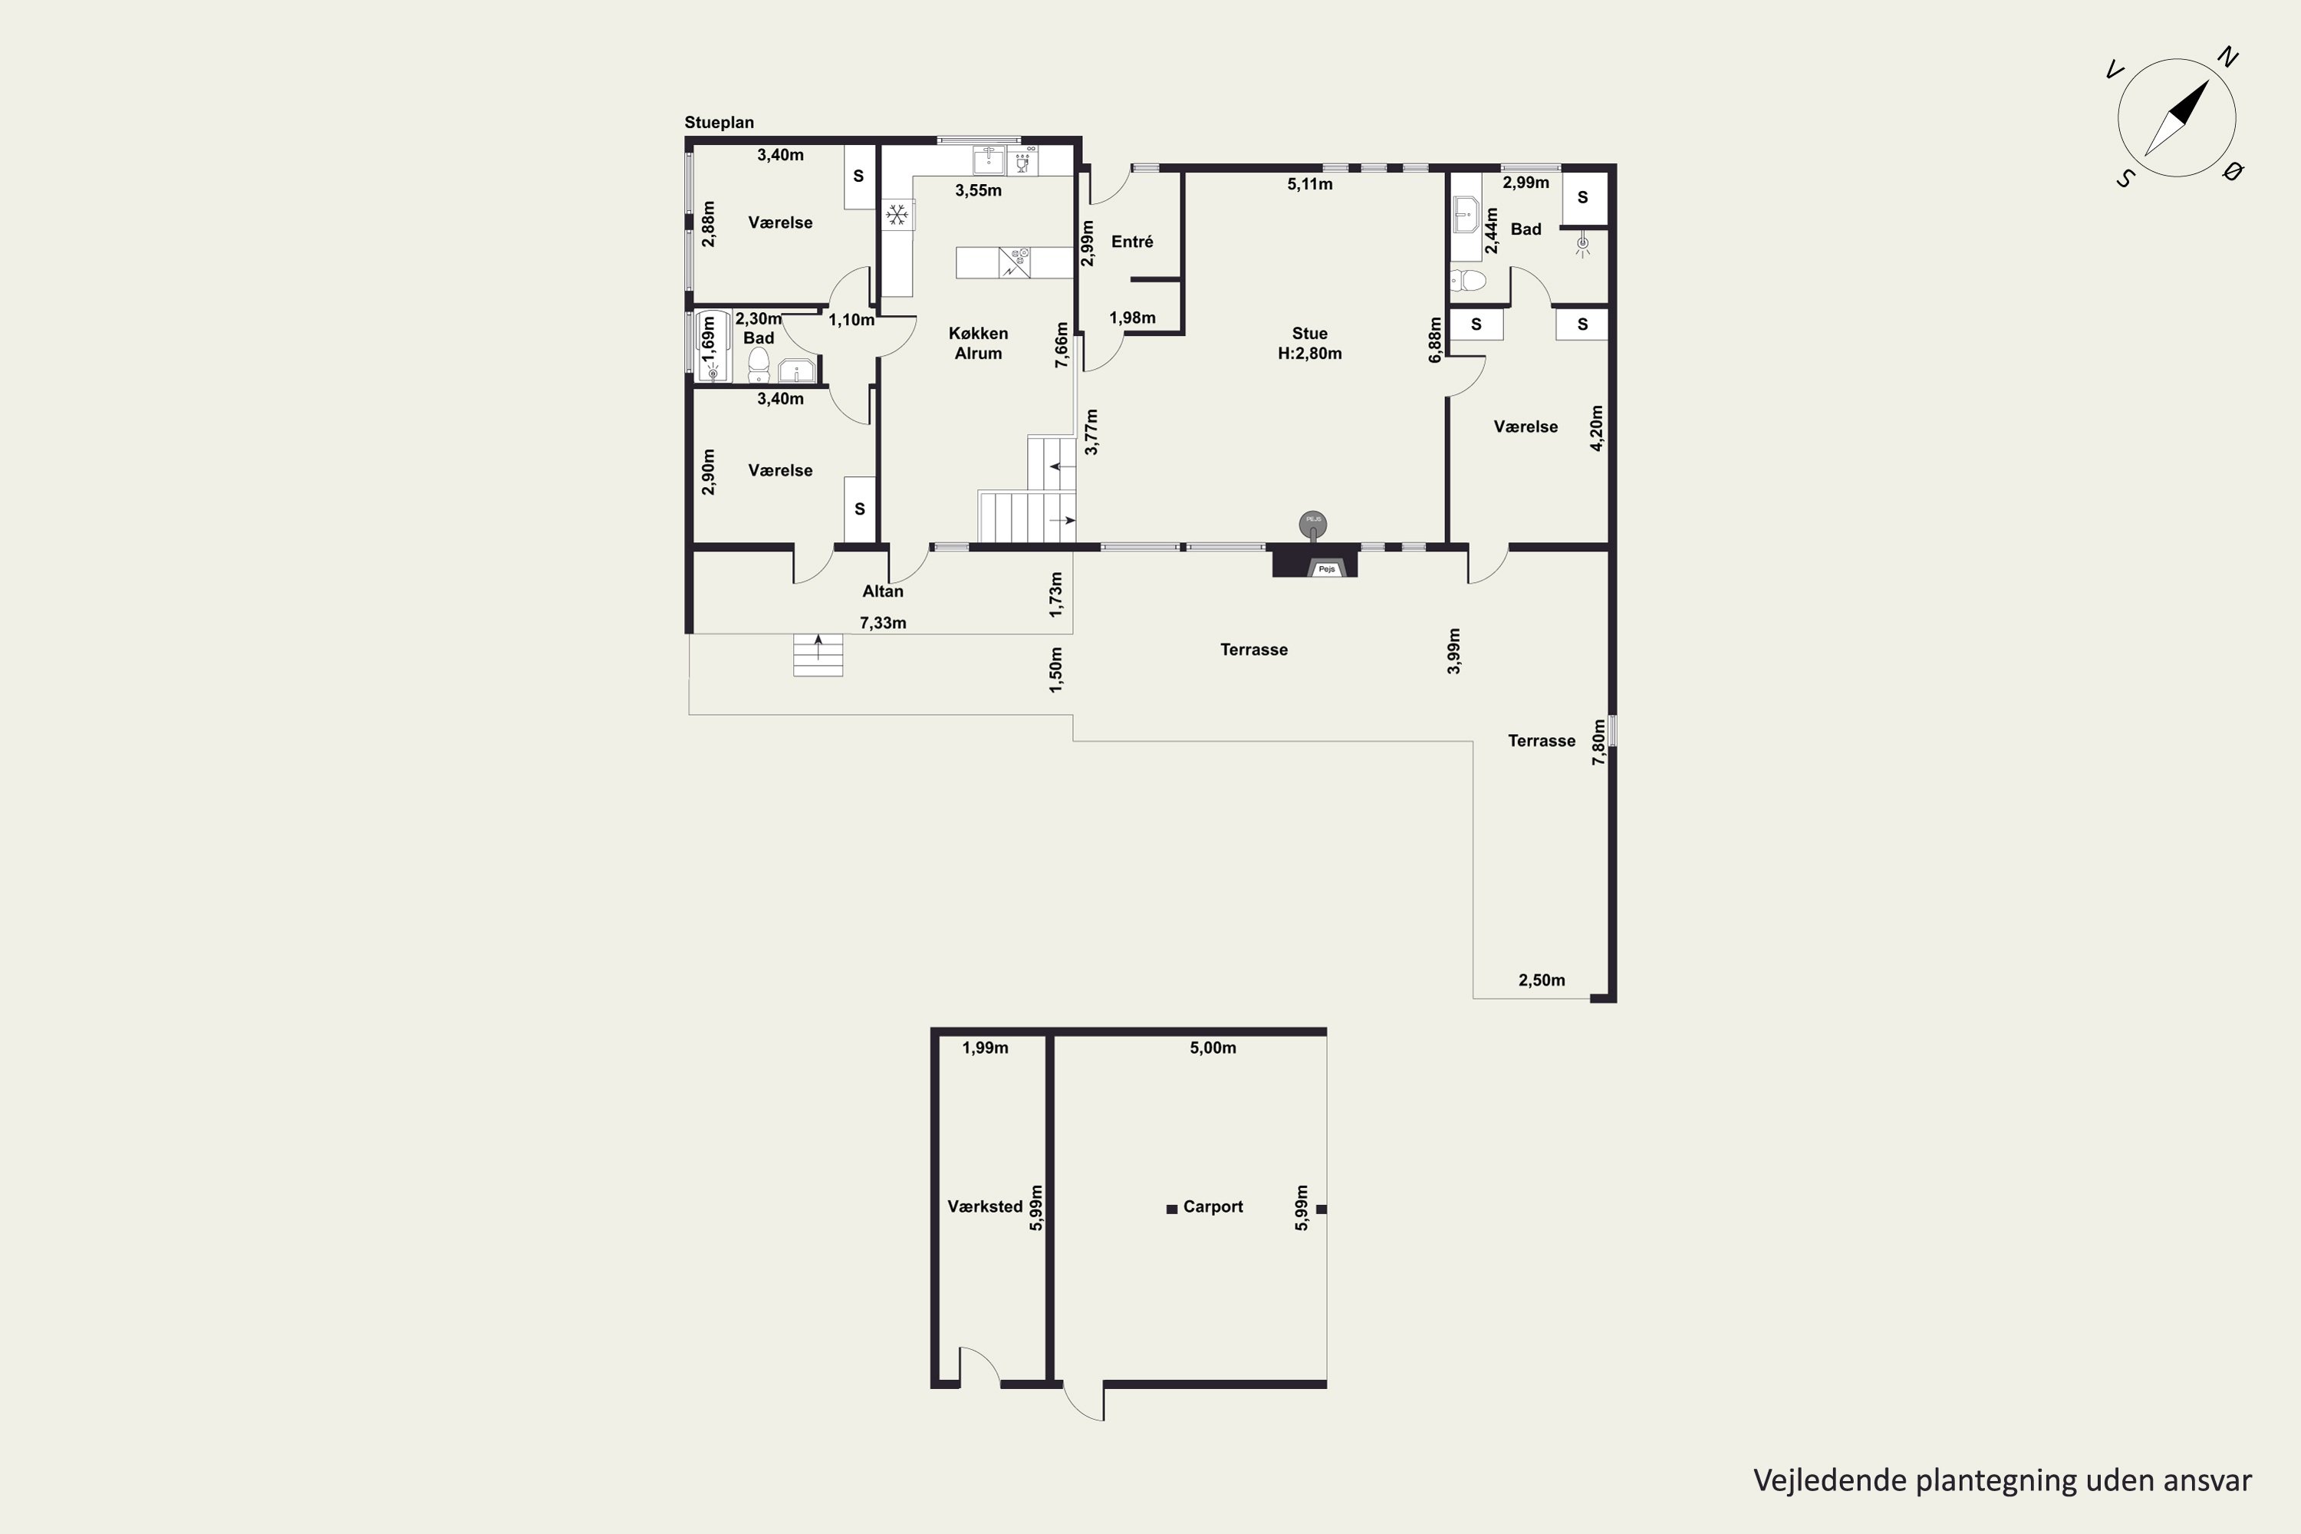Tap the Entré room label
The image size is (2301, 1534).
[1132, 242]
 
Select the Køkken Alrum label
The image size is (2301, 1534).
[979, 344]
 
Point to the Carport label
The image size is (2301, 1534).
[1213, 1207]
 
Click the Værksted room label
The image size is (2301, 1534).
[985, 1207]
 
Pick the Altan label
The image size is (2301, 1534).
[883, 591]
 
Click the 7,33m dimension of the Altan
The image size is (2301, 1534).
[883, 623]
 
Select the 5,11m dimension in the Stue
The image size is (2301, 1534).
[1310, 184]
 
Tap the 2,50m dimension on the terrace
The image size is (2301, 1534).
[1542, 980]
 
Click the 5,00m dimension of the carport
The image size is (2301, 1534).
[1213, 1048]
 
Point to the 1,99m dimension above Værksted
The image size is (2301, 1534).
[985, 1048]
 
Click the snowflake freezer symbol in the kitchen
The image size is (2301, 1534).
[897, 214]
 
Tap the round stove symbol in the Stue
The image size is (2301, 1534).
[1313, 525]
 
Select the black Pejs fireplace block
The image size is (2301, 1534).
[1314, 561]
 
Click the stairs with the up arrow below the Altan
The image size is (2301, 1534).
[818, 654]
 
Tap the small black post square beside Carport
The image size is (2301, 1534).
[1172, 1210]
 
